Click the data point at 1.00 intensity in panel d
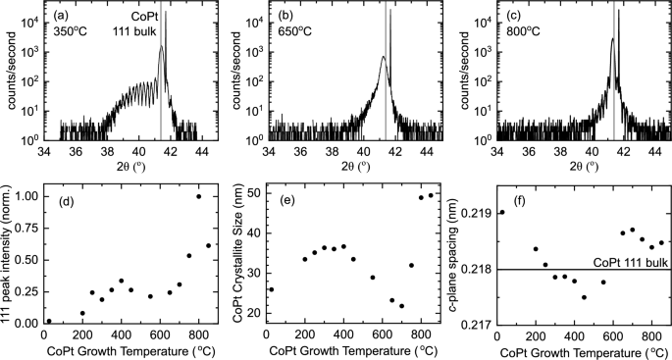point(199,196)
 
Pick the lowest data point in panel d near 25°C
point(49,321)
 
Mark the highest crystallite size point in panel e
point(431,195)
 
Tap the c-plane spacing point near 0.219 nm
point(502,212)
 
